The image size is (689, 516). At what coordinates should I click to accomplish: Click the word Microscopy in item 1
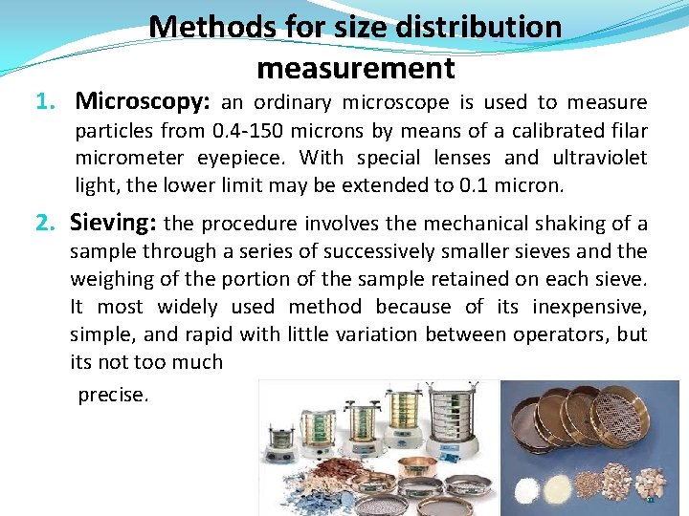[144, 100]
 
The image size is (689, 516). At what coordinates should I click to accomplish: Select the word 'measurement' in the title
[355, 68]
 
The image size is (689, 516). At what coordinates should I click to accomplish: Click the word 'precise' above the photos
[112, 395]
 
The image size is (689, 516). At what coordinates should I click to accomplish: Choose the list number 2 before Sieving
[44, 223]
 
